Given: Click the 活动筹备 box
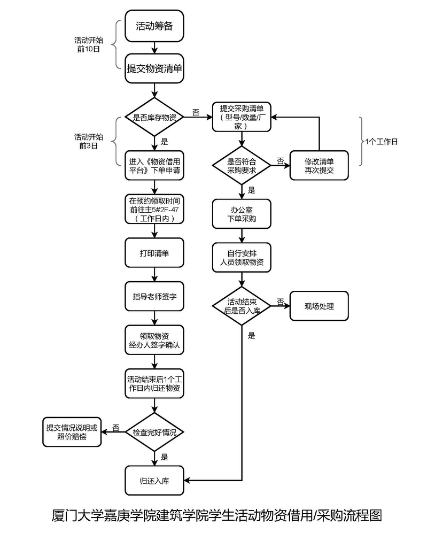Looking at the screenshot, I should click(154, 26).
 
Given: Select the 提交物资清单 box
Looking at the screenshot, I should click(154, 68).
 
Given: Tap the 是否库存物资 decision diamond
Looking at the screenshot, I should click(154, 117).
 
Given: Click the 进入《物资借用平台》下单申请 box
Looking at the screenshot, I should click(154, 166).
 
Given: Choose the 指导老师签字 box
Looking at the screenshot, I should click(154, 296).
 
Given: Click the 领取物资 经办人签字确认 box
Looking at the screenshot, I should click(154, 339).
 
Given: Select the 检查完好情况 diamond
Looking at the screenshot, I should click(154, 431).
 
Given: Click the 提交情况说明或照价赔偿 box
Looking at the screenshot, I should click(72, 432).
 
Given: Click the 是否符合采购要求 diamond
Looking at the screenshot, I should click(242, 166).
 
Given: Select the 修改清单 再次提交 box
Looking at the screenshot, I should click(319, 165).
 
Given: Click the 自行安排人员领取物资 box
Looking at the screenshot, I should click(242, 258).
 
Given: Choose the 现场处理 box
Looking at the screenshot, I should click(319, 306).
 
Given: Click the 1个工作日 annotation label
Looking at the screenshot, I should click(382, 142).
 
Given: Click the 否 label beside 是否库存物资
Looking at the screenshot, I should click(196, 113).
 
